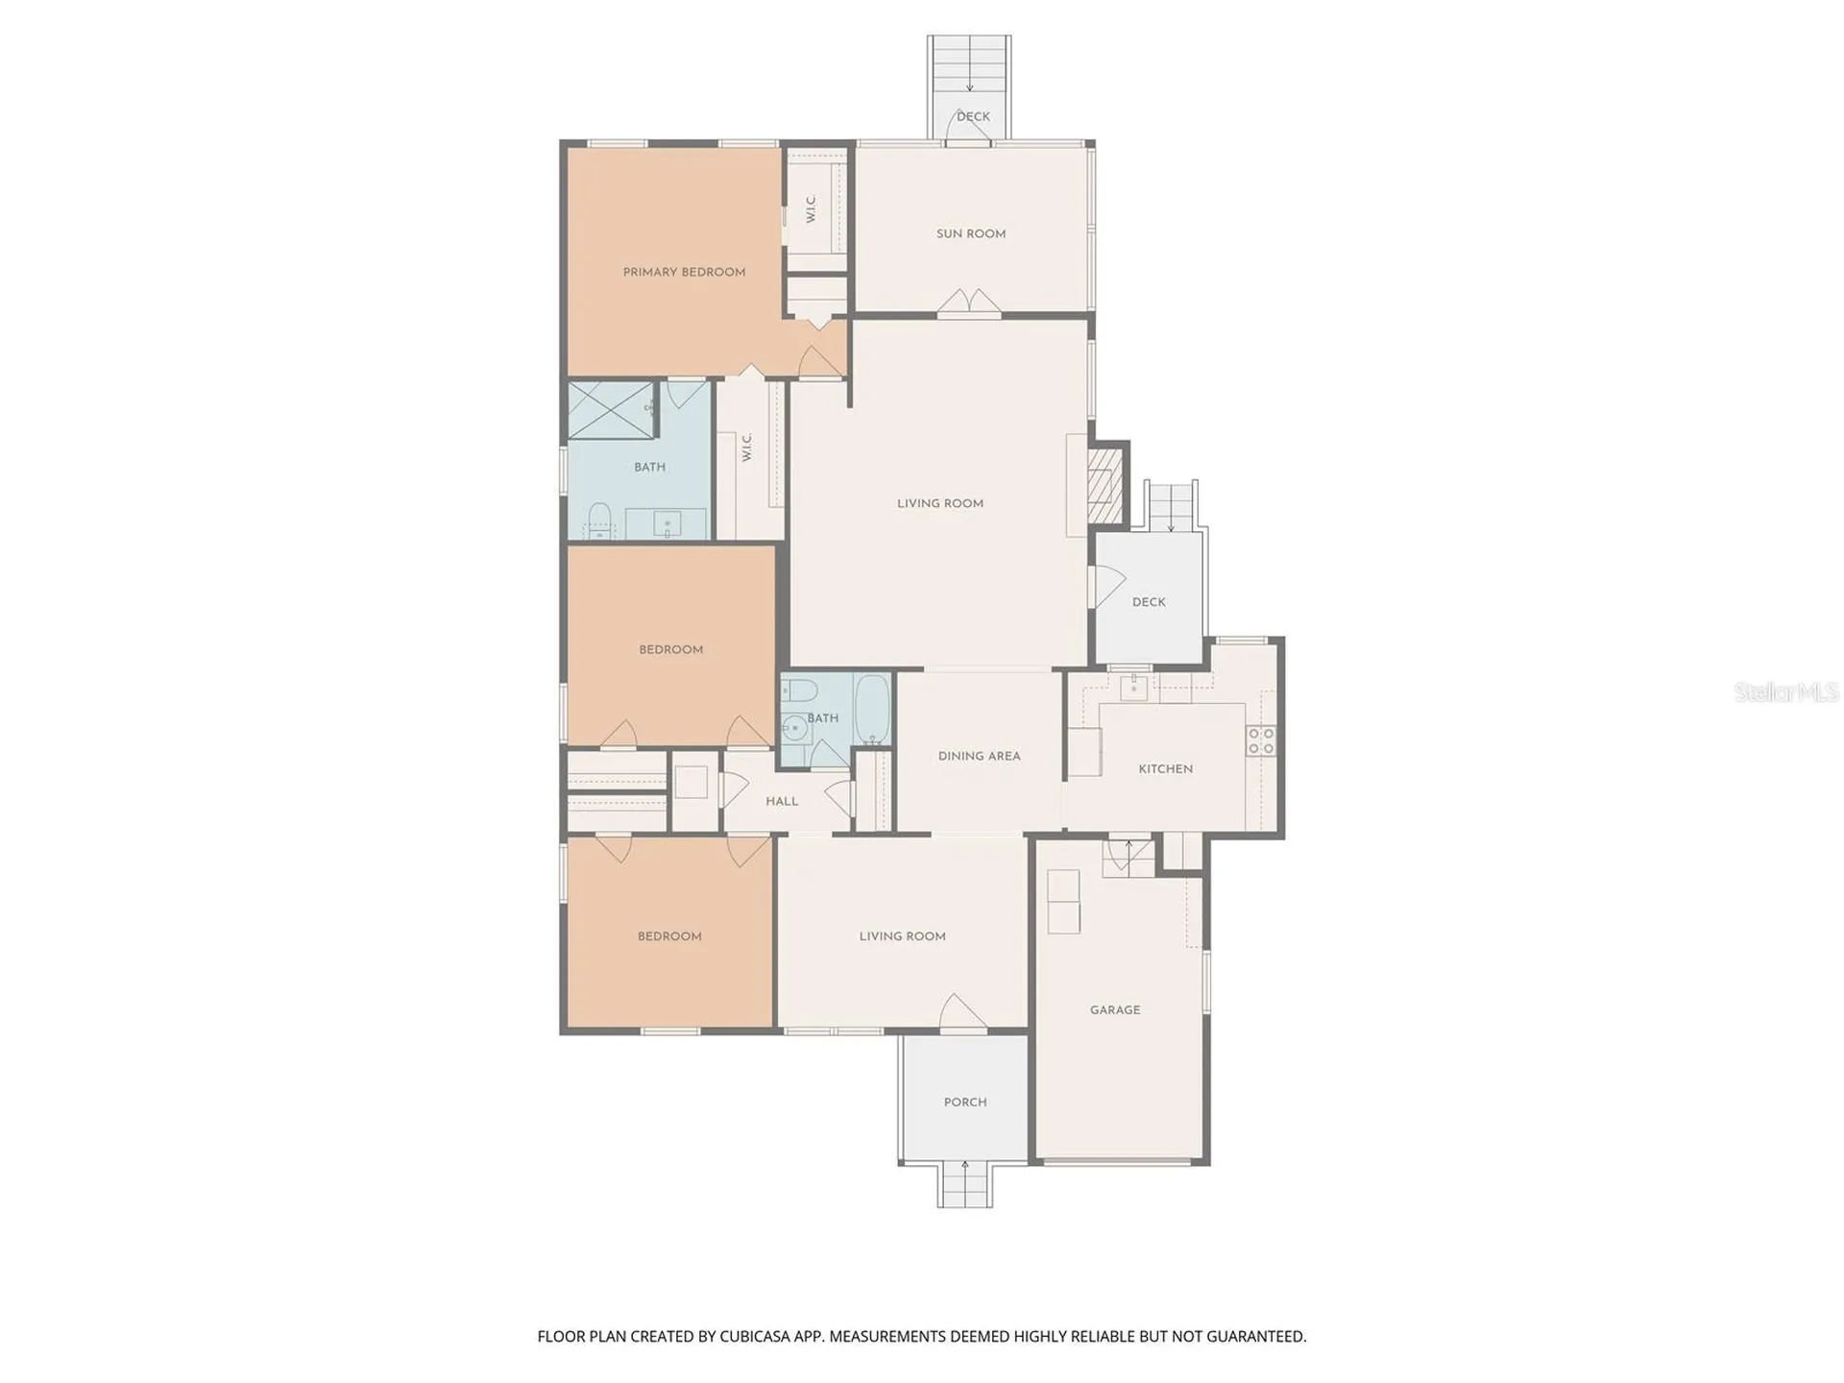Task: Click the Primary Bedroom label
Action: coord(684,272)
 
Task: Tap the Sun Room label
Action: coord(971,233)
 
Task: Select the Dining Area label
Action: coord(979,756)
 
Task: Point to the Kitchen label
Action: coord(1165,768)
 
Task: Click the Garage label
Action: coord(1115,1009)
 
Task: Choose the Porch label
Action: coord(965,1102)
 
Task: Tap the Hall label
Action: coord(782,801)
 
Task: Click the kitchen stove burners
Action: coord(1261,740)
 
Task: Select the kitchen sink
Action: coord(1133,688)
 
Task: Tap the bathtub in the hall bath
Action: coord(873,709)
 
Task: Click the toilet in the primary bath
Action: coord(599,520)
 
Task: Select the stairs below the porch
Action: coord(965,1184)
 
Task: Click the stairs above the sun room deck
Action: coord(969,64)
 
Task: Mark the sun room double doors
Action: coord(969,301)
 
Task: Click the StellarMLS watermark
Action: coord(1786,691)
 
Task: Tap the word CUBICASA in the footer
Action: coord(751,1336)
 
